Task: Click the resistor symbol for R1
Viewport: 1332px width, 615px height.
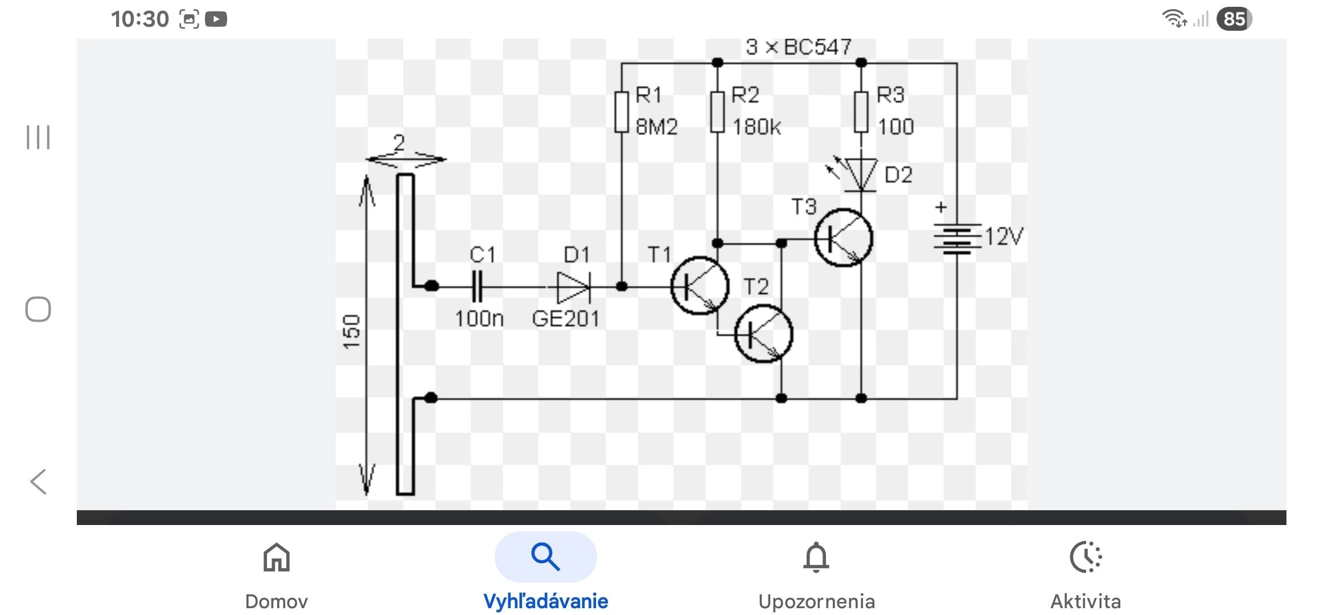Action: click(x=622, y=112)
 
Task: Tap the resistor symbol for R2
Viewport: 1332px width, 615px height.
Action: click(x=718, y=112)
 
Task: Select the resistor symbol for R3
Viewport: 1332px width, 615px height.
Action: click(x=861, y=112)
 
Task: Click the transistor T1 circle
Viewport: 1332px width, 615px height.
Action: click(x=700, y=286)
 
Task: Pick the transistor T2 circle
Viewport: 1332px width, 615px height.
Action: click(x=763, y=334)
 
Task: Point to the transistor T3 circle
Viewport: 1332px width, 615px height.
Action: click(x=843, y=237)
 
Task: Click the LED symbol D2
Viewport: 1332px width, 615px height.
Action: click(x=860, y=174)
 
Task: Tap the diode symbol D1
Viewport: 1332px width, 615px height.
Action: click(x=573, y=286)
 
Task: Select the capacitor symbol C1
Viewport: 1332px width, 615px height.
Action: click(x=478, y=286)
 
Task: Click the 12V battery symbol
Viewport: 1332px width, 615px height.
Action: click(x=957, y=239)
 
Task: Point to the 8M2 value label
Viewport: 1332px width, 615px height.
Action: click(x=656, y=126)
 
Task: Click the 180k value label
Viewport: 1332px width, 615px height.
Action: click(x=757, y=126)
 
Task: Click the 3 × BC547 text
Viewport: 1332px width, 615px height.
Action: click(x=798, y=47)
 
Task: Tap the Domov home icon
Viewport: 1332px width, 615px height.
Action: click(x=277, y=557)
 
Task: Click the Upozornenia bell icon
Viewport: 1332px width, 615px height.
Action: click(x=816, y=557)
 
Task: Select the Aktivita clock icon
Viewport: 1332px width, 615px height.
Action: click(x=1086, y=557)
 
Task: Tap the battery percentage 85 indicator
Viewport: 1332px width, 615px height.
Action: click(x=1234, y=19)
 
